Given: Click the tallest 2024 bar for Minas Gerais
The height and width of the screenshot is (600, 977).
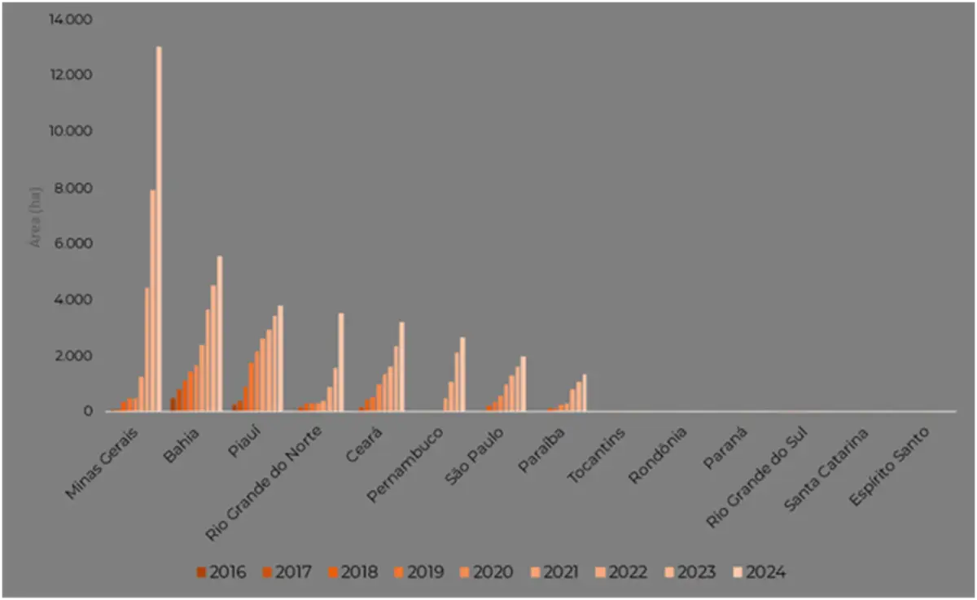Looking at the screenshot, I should (x=159, y=228).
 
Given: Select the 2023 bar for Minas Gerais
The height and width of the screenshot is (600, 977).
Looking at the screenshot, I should (x=152, y=301).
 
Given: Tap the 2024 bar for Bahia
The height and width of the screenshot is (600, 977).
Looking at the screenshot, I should (x=219, y=334).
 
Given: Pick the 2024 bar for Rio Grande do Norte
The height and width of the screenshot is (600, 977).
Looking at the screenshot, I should (x=341, y=362).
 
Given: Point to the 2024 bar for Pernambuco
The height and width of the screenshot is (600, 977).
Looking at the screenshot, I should (x=462, y=374).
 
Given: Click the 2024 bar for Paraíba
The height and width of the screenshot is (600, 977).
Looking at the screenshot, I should (x=585, y=393).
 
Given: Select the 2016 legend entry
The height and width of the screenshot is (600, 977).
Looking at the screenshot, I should (x=221, y=572).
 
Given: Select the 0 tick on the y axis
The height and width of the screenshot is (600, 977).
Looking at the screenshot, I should (x=89, y=411).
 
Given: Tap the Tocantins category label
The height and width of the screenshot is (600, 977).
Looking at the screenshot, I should (x=597, y=455).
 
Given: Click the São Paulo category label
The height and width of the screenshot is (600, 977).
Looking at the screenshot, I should (x=475, y=456).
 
